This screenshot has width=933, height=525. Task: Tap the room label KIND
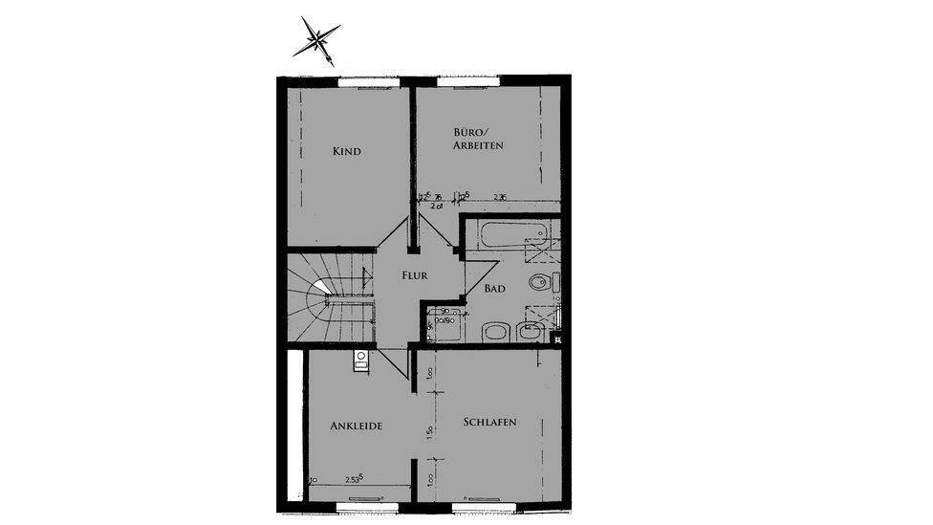346,151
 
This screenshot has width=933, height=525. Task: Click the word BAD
494,288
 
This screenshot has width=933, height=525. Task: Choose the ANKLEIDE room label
357,427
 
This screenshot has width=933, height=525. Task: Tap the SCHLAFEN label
489,423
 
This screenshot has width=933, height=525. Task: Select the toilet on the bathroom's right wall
542,283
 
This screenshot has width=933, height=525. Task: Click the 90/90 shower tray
445,324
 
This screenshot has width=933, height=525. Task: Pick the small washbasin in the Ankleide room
360,360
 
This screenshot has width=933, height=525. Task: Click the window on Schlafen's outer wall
488,500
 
